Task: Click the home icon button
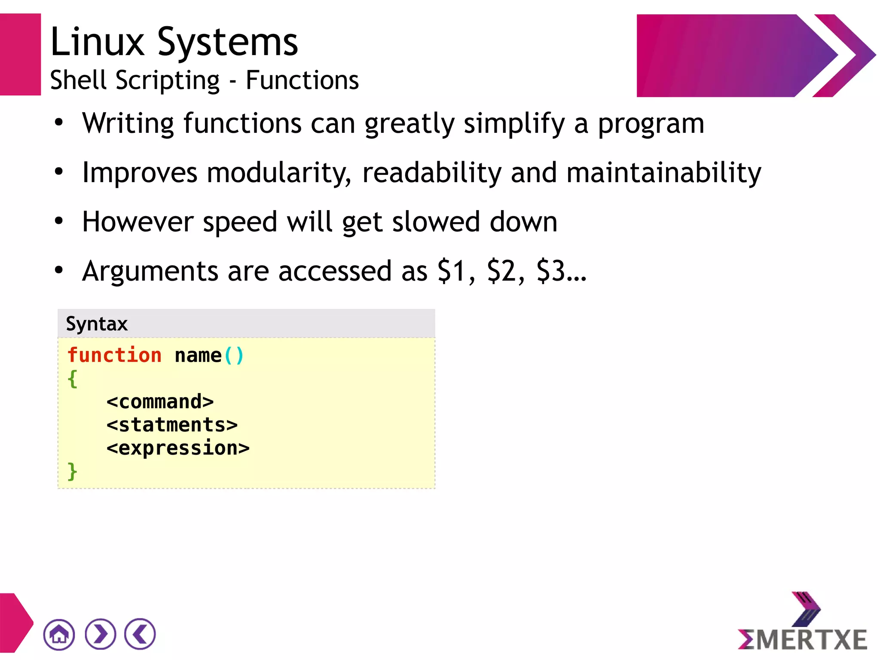(x=59, y=635)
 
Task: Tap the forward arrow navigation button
(x=101, y=634)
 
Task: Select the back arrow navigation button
(x=140, y=634)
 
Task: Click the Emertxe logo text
(x=803, y=640)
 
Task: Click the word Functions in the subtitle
(x=302, y=80)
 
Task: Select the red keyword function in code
(x=114, y=355)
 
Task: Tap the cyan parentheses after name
(x=234, y=356)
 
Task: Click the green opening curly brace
(x=73, y=379)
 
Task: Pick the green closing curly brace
(x=73, y=471)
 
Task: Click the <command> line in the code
(x=160, y=402)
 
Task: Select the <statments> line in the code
(x=172, y=425)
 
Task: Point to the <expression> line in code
(x=178, y=448)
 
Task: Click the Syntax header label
(x=97, y=324)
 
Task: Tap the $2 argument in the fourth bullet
(x=501, y=271)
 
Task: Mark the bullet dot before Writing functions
(x=59, y=123)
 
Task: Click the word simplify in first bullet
(x=514, y=124)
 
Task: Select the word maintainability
(x=663, y=173)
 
